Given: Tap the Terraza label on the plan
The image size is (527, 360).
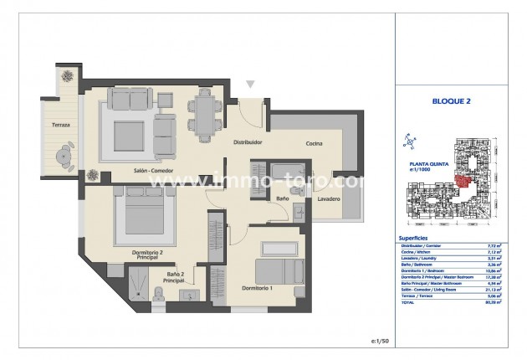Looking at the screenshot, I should pyautogui.click(x=59, y=125).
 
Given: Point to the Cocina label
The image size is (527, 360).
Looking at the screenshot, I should pyautogui.click(x=315, y=143).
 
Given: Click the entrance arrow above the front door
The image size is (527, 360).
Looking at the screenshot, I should pyautogui.click(x=250, y=85).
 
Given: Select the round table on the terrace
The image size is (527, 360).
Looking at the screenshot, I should pyautogui.click(x=64, y=155).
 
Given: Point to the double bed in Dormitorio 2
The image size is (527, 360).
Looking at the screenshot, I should pyautogui.click(x=150, y=213).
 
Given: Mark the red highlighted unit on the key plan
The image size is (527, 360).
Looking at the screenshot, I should pyautogui.click(x=463, y=178).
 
